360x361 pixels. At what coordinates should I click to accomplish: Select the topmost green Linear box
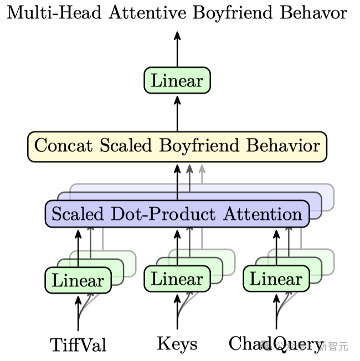click(177, 81)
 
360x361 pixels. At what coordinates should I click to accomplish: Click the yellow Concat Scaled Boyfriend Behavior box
click(177, 146)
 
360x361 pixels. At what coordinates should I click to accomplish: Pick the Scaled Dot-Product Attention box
click(177, 214)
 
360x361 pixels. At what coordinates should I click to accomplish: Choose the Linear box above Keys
click(177, 279)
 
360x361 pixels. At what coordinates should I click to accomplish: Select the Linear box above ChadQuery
click(276, 279)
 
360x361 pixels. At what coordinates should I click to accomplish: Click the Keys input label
click(177, 344)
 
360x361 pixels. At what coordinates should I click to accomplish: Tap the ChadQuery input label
click(275, 344)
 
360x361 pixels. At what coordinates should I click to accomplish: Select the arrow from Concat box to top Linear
click(177, 113)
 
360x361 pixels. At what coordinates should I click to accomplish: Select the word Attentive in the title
click(150, 13)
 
